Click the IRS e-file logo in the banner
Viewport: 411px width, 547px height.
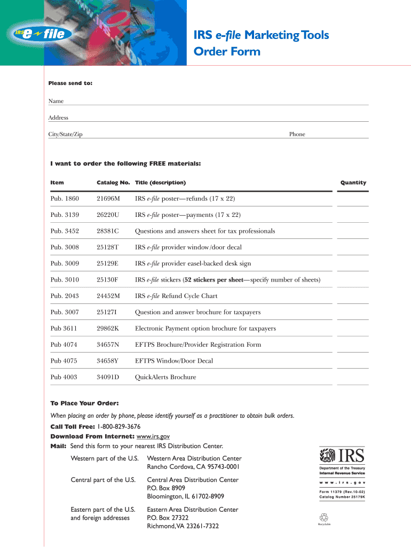[40, 35]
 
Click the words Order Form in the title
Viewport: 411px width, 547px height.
[227, 52]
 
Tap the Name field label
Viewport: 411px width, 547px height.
[56, 101]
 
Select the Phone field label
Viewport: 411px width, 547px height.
[297, 134]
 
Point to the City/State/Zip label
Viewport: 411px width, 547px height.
[66, 134]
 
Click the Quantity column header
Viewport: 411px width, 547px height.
[353, 183]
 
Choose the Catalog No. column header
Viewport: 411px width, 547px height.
[113, 183]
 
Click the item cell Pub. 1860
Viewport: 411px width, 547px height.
[65, 199]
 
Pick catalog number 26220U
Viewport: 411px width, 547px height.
[108, 215]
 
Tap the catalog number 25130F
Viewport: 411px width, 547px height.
[107, 280]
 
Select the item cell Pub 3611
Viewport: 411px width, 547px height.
[64, 329]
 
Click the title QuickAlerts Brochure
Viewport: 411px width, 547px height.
[165, 377]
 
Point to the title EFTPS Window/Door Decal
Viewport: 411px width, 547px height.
[174, 361]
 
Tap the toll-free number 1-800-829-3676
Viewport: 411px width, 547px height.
[119, 426]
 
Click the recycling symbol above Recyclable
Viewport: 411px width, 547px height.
[325, 517]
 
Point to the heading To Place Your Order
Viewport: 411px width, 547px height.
[84, 403]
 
